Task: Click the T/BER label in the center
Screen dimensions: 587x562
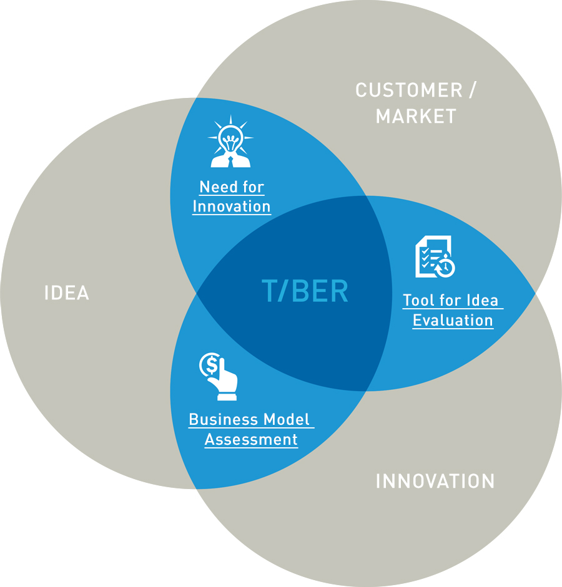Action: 305,291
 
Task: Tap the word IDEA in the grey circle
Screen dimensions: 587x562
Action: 67,293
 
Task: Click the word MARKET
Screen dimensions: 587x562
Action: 416,116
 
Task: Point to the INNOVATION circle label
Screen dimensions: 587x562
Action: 435,481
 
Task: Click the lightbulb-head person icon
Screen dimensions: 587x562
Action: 230,142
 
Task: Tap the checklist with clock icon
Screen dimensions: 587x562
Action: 435,256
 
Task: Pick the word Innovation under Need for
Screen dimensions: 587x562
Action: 232,206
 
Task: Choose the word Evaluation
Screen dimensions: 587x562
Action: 453,320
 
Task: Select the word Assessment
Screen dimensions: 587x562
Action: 251,439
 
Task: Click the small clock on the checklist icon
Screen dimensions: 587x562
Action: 446,268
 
